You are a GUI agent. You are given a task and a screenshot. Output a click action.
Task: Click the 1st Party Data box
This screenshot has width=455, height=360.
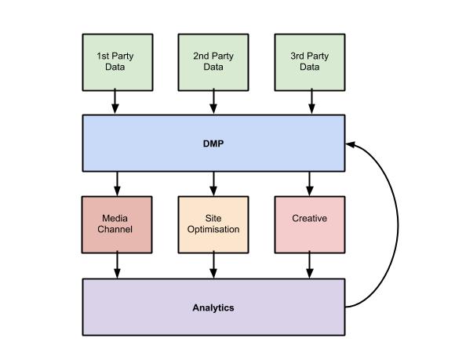(118, 63)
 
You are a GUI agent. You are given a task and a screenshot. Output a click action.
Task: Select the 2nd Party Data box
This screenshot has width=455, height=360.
(213, 63)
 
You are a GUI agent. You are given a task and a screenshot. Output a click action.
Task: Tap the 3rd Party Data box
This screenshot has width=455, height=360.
(310, 63)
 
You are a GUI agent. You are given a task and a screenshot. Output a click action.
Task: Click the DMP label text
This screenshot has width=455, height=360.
(213, 144)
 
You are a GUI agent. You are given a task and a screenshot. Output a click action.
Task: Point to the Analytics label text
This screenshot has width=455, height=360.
(213, 307)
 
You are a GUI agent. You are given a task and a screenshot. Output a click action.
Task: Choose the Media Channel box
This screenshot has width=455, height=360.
(117, 225)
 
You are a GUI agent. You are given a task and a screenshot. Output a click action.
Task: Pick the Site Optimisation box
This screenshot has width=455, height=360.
(213, 225)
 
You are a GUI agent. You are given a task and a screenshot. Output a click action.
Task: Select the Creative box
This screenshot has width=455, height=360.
(310, 225)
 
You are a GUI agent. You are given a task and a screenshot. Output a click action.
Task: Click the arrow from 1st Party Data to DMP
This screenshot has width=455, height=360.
(115, 101)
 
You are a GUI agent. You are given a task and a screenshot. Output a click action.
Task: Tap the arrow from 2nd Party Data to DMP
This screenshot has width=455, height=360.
(213, 101)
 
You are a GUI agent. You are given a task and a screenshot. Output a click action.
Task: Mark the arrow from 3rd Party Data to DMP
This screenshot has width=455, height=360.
(311, 101)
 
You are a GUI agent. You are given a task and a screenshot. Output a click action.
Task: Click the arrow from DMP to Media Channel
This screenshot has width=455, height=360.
(117, 184)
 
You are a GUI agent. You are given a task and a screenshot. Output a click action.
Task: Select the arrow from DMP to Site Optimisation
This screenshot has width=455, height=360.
(213, 184)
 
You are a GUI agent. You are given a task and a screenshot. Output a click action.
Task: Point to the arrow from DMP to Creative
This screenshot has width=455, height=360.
(310, 184)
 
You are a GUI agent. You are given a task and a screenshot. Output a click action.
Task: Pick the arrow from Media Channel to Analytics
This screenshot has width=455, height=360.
(117, 265)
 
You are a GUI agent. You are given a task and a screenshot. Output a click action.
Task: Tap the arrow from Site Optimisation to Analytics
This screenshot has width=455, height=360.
(213, 265)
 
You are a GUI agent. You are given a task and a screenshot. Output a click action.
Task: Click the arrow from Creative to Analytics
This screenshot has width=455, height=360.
(310, 265)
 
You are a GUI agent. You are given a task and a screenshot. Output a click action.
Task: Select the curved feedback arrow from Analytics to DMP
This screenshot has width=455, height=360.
(399, 225)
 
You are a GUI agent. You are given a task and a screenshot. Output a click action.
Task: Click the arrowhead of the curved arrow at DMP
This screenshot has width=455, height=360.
(350, 144)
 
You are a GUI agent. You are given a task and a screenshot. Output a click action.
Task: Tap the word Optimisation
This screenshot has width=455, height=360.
(213, 230)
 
